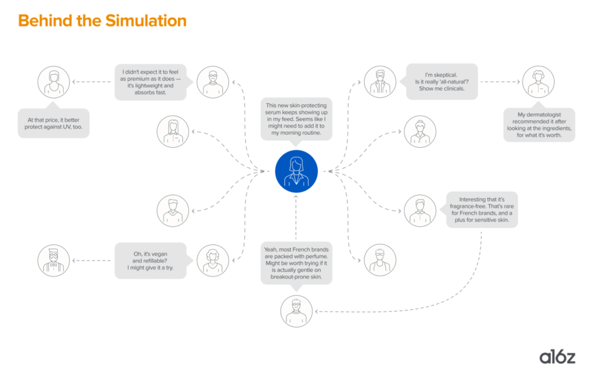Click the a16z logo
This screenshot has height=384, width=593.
click(x=557, y=356)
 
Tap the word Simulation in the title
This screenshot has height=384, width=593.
click(x=146, y=21)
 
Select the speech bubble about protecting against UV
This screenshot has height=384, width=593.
click(x=53, y=123)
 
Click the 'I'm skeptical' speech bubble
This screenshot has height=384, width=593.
click(x=441, y=81)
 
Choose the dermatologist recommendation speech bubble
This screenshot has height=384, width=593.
click(x=539, y=124)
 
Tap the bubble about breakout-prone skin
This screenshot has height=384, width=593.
click(x=296, y=262)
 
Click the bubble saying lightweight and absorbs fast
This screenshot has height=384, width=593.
click(x=151, y=81)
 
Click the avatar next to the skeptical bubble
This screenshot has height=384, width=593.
click(x=380, y=82)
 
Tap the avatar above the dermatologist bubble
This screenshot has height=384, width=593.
click(x=538, y=82)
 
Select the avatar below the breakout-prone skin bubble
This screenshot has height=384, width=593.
click(x=296, y=311)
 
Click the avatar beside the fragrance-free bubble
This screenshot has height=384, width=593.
click(x=420, y=210)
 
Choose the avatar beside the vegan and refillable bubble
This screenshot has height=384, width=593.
click(x=212, y=260)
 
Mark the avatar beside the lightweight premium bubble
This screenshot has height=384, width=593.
click(x=212, y=82)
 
